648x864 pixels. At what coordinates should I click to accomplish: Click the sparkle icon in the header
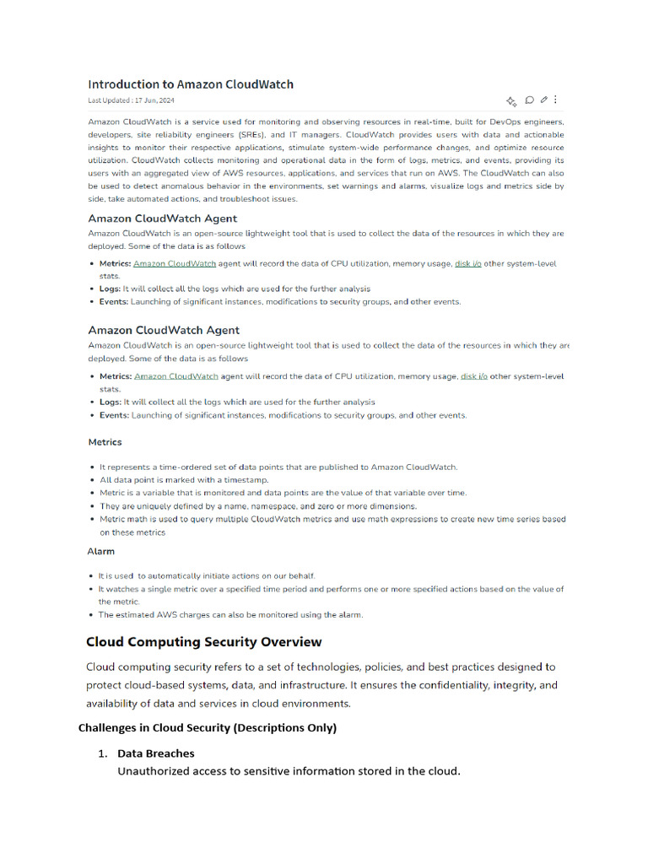(511, 101)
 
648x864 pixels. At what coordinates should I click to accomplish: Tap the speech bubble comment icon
(530, 100)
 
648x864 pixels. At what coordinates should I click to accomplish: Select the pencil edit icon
(544, 100)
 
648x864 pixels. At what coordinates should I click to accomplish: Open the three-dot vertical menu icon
(555, 100)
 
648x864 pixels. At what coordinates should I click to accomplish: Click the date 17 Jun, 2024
(154, 100)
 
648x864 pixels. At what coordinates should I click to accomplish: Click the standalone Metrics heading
(105, 442)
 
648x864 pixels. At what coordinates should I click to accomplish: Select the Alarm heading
(101, 551)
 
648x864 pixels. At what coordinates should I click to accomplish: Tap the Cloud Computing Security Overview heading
(203, 642)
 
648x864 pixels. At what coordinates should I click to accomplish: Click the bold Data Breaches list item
(155, 753)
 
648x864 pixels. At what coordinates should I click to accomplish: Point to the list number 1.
(103, 753)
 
